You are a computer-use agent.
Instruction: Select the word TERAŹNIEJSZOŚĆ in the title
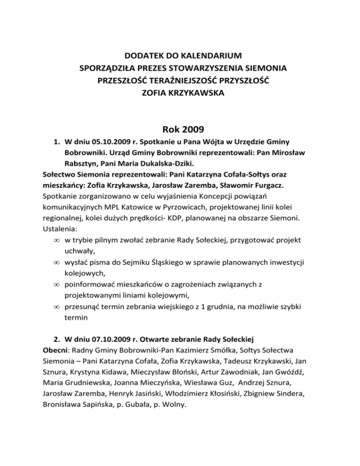click(183, 81)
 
